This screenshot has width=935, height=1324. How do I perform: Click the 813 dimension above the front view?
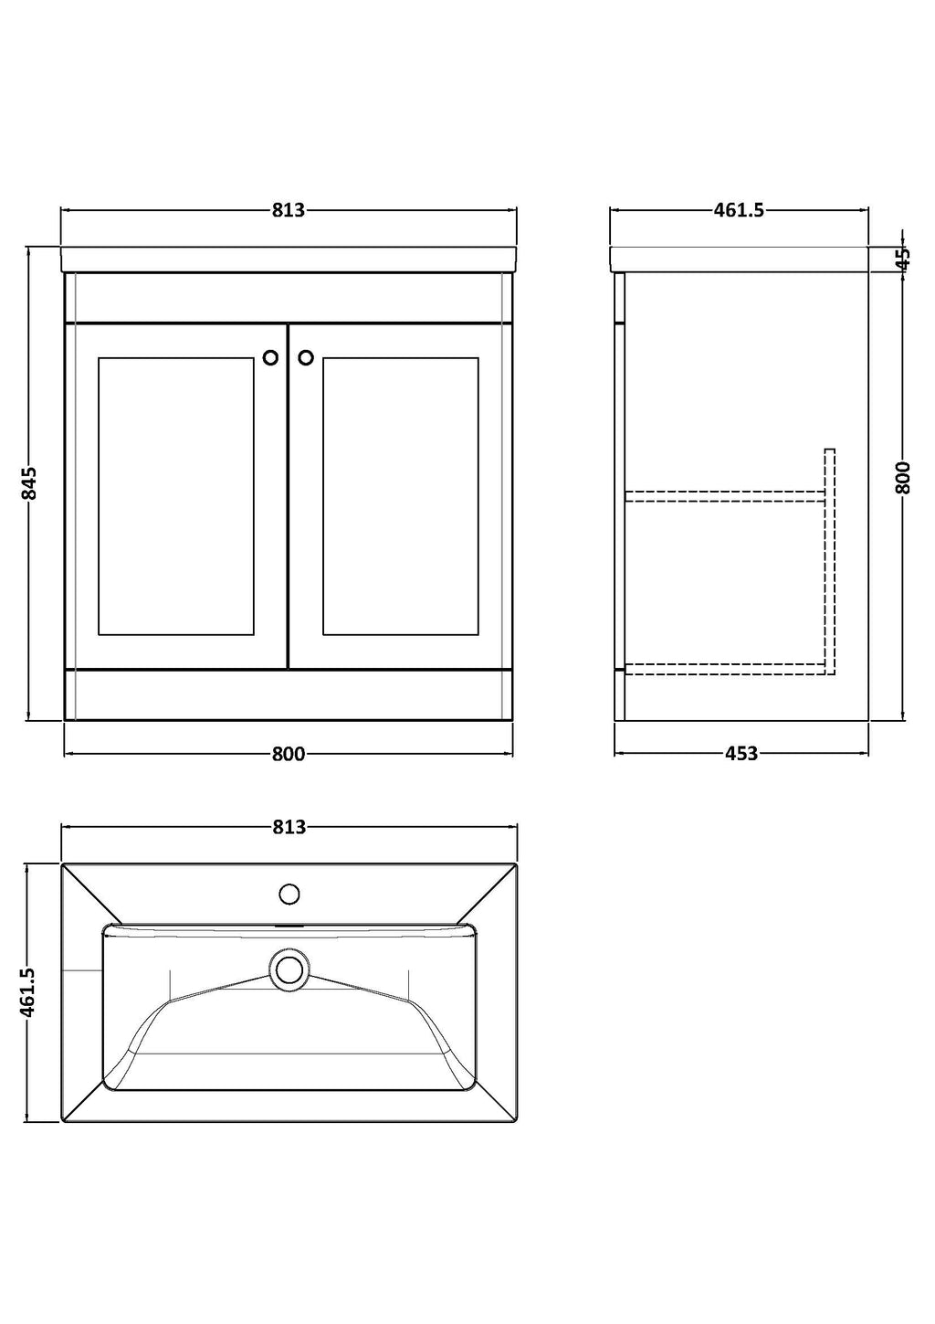tap(289, 210)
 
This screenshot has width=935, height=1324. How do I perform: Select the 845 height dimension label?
tap(29, 482)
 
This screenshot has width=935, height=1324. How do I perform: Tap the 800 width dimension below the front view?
tap(289, 754)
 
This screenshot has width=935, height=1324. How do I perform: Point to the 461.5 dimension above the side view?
tap(739, 210)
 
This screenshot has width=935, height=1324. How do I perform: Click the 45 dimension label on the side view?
tap(903, 259)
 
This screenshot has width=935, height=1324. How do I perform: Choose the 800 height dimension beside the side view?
tap(903, 478)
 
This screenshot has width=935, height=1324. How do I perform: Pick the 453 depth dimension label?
tap(741, 754)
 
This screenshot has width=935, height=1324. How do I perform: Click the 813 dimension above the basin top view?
tap(289, 827)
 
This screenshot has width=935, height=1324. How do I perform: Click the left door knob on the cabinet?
tap(270, 357)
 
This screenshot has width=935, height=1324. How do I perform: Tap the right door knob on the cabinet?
tap(306, 357)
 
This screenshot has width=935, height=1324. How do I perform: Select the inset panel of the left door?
tap(176, 496)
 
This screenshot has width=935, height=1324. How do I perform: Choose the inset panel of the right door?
tap(401, 496)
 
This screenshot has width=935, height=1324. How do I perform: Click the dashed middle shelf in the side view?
tap(725, 496)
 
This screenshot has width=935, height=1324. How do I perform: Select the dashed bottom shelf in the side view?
tap(725, 669)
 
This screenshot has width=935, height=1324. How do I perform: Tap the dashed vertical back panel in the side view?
tap(830, 562)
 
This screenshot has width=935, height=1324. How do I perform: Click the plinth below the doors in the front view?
tap(289, 695)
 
